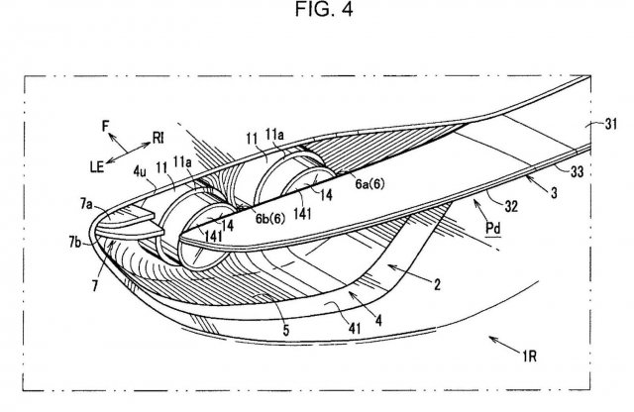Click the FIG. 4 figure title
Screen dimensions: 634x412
coord(324,9)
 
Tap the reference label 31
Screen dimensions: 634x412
coord(611,124)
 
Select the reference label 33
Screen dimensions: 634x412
coord(577,172)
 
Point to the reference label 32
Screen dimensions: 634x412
coord(511,206)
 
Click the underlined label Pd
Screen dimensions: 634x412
coord(493,229)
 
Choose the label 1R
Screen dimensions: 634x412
coord(529,357)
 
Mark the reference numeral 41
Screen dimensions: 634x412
coord(355,328)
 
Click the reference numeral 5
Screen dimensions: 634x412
coord(286,330)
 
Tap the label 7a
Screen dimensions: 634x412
coord(86,205)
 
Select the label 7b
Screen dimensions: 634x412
coord(75,243)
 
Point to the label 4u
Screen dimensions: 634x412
coord(140,172)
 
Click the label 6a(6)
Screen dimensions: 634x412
coord(370,184)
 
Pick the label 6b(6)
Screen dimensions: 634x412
coord(270,218)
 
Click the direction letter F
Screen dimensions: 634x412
coord(106,127)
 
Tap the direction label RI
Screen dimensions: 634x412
coord(158,139)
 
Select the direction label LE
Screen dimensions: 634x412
coord(97,167)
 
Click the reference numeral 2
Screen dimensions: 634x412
coord(437,285)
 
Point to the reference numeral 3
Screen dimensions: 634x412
coord(554,192)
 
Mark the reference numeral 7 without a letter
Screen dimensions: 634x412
coord(95,286)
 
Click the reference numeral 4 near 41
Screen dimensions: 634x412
coord(378,321)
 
